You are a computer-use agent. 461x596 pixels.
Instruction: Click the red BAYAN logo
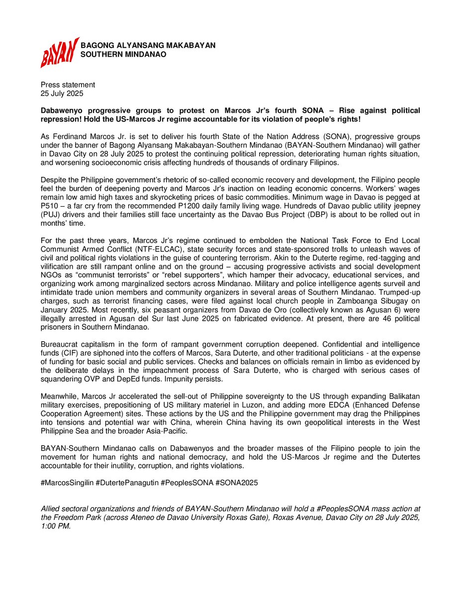59,52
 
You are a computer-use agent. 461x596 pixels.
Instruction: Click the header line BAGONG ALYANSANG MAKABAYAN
148,46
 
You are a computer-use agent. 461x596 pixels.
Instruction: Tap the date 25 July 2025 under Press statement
62,93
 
